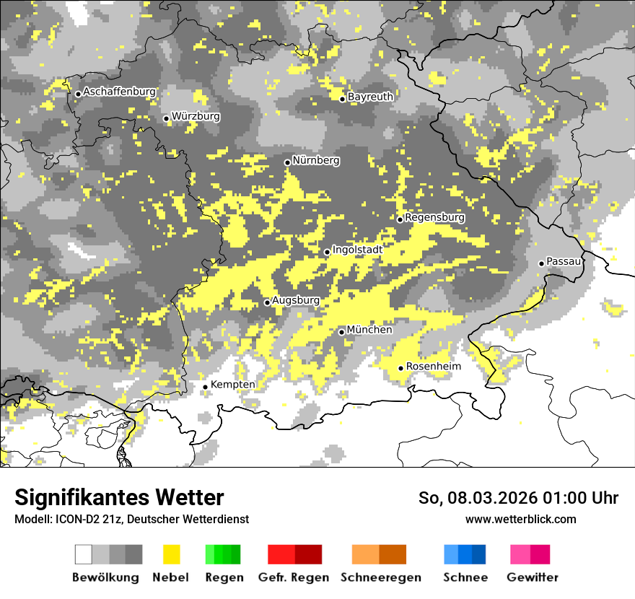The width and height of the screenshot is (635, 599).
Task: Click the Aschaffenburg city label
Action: (119, 92)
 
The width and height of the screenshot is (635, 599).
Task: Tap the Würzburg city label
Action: (196, 116)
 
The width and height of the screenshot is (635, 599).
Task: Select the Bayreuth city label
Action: (370, 97)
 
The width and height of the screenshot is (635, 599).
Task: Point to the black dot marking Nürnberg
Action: (287, 162)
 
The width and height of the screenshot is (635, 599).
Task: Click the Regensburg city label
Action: (434, 217)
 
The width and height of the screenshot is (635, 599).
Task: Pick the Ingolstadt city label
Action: (357, 250)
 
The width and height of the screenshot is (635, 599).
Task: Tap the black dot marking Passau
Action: (541, 263)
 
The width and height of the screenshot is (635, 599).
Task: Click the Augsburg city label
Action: (295, 300)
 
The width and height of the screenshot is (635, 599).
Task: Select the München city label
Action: (369, 330)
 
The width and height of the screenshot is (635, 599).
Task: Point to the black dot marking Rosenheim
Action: (401, 368)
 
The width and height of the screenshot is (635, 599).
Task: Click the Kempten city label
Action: (232, 385)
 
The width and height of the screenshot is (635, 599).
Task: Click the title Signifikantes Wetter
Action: (119, 497)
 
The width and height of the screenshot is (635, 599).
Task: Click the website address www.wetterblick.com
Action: (520, 519)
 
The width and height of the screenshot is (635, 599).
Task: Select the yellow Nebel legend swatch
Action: (171, 554)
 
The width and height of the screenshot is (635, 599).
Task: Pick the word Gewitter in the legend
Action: (532, 577)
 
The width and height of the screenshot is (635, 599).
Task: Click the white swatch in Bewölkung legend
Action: (84, 554)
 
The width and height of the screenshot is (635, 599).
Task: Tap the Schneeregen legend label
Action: (380, 577)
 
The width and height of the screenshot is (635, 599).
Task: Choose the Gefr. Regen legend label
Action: (294, 577)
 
